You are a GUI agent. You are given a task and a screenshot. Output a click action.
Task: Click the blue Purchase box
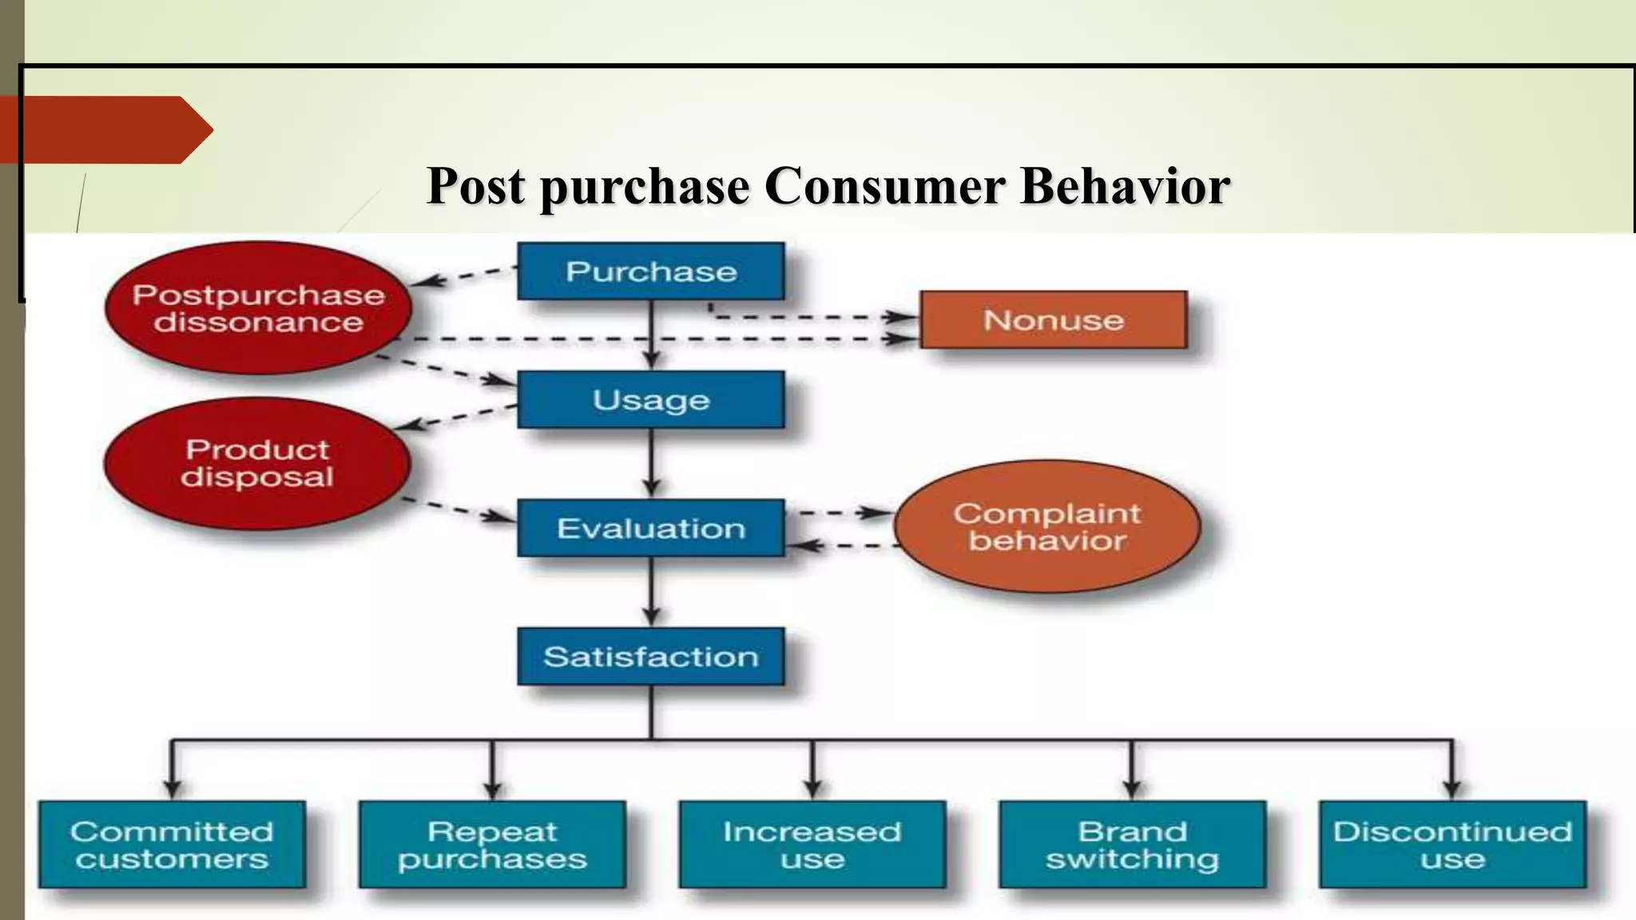coord(650,272)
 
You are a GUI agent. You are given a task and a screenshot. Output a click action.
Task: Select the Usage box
coord(650,399)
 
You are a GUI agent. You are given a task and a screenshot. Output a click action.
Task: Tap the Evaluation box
coord(650,528)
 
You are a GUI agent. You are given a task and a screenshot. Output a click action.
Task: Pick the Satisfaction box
coord(650,656)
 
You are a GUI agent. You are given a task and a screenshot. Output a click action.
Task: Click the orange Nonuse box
coord(1053,319)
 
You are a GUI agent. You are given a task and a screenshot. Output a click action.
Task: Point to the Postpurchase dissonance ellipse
coord(258,308)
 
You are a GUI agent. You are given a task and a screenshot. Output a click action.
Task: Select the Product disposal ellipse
coord(256,463)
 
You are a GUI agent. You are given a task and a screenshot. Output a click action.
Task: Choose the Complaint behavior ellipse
coord(1046,526)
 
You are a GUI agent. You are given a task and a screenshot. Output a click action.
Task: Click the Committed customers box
coord(172,844)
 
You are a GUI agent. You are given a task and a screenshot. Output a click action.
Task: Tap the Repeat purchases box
coord(492,844)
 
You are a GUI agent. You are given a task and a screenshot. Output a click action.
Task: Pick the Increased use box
coord(812,844)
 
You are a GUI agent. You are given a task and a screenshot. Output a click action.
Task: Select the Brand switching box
coord(1132,844)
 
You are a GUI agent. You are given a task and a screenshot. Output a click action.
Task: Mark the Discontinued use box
coord(1451,844)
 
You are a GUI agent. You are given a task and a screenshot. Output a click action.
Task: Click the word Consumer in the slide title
coord(884,186)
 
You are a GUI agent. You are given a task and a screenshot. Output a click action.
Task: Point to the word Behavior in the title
coord(1125,186)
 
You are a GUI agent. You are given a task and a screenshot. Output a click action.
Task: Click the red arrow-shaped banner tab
coord(104,129)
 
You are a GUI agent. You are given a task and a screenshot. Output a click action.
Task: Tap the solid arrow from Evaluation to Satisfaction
coord(651,590)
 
